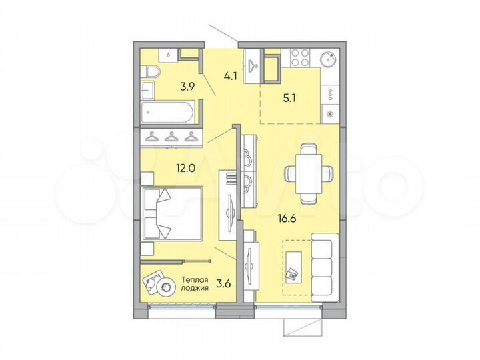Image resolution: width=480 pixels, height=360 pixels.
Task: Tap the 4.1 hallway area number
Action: point(231,76)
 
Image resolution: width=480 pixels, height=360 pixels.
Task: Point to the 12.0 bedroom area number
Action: point(167,168)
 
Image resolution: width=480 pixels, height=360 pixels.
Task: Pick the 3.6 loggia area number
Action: point(223,283)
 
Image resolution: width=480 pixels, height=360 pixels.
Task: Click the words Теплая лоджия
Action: point(195,283)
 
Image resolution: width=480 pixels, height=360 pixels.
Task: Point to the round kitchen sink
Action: point(329,58)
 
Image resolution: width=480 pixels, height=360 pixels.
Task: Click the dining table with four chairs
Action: point(307,173)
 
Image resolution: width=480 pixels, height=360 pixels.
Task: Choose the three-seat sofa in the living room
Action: point(323,267)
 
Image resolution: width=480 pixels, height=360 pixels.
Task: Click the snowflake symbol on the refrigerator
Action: point(330,113)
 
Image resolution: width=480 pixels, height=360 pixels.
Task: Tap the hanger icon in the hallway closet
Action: point(254,65)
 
